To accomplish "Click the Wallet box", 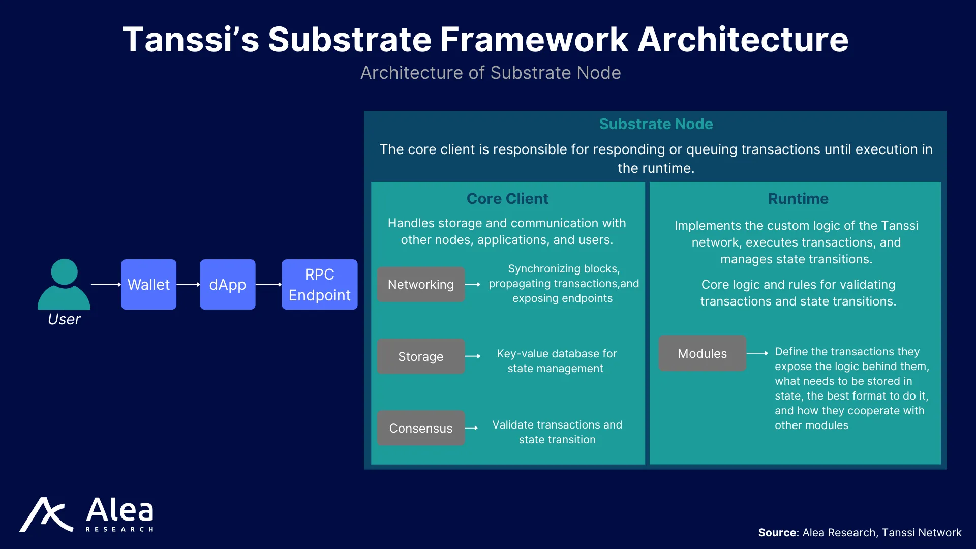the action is point(148,284).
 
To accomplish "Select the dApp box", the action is point(228,284).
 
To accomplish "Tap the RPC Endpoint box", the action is point(320,284).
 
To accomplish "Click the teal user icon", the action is point(64,284).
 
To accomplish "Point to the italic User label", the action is point(64,319).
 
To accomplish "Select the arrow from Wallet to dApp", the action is point(188,285).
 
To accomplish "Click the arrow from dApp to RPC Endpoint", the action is point(268,285).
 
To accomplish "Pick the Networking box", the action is point(421,285).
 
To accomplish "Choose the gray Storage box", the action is point(421,356).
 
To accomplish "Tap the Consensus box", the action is point(421,428).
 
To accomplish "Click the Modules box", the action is point(703,353).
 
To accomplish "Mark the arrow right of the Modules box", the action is point(757,353).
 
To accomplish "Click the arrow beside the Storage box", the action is point(473,356).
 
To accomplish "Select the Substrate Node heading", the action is point(656,124).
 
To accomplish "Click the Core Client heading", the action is point(507,199).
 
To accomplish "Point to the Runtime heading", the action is point(798,199).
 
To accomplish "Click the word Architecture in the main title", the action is point(743,40).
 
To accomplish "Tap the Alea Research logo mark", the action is point(46,514).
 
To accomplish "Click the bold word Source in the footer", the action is point(778,533).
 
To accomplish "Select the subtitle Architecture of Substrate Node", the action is point(491,73).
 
